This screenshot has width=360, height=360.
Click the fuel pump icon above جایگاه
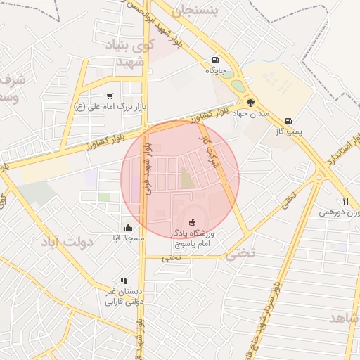[x=215, y=59]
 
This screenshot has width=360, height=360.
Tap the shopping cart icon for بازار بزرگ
[x=110, y=96]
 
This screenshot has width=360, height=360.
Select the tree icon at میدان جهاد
[x=250, y=102]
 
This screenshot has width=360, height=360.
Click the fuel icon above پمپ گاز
[x=288, y=120]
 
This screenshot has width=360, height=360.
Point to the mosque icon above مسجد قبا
[x=128, y=227]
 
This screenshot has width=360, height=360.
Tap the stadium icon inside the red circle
[x=193, y=222]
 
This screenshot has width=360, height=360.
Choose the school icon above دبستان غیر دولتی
[x=124, y=281]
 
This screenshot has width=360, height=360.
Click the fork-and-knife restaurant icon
[x=345, y=200]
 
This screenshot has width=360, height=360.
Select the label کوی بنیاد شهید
[x=128, y=54]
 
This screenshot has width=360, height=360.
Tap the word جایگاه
[x=214, y=70]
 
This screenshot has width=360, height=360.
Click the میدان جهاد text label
[x=251, y=113]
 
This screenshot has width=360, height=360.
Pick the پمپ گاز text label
[x=288, y=131]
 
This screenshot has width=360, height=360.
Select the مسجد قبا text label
[x=129, y=238]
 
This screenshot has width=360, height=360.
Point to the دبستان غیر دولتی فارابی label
[x=124, y=296]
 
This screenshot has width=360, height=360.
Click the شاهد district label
[x=344, y=319]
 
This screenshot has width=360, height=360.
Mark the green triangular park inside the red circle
[x=187, y=179]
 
